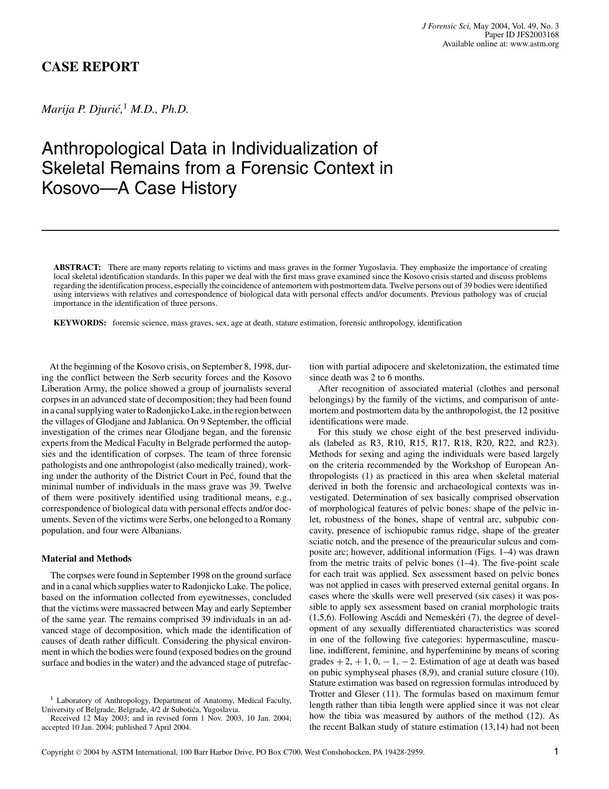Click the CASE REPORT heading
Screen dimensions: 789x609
pos(90,67)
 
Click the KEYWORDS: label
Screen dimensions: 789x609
pos(79,323)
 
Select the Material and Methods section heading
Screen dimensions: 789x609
pos(86,559)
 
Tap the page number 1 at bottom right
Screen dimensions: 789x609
pos(556,752)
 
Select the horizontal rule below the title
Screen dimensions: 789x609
pos(300,230)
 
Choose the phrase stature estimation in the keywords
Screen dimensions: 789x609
pos(306,323)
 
